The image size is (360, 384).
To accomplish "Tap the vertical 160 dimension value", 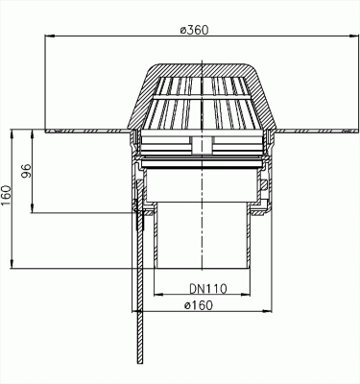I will (7, 198).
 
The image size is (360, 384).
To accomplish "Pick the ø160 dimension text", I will (199, 306).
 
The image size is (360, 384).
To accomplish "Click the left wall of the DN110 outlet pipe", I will (154, 240).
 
